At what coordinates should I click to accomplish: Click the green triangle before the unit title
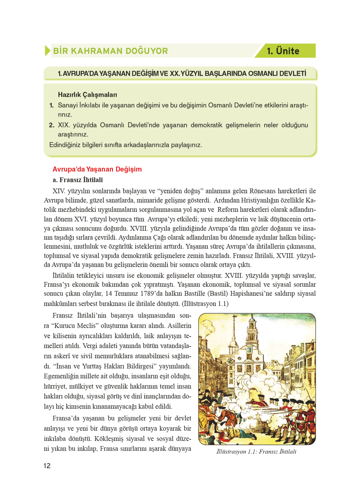click(47, 50)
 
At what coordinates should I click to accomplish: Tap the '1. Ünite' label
click(283, 51)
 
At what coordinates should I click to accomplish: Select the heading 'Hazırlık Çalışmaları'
click(87, 95)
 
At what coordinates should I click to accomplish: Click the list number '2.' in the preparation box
click(52, 125)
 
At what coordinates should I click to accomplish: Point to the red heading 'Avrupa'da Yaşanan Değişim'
click(97, 169)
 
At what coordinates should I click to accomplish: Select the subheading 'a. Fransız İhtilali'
click(78, 180)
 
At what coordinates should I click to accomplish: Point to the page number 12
click(47, 466)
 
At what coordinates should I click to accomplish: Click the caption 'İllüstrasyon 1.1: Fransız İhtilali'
click(256, 451)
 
